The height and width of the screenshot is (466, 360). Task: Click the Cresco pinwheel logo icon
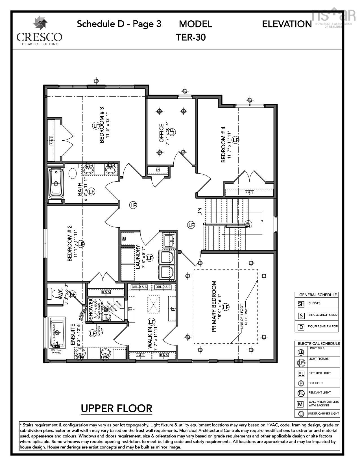tap(40, 23)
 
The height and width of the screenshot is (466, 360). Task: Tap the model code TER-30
tap(191, 37)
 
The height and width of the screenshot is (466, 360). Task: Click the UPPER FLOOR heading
tap(116, 408)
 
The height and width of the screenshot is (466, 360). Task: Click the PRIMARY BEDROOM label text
tap(214, 306)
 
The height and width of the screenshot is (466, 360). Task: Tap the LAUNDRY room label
tap(138, 257)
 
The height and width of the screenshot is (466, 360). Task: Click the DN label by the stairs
tap(200, 212)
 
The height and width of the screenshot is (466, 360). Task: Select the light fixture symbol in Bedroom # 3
tap(96, 125)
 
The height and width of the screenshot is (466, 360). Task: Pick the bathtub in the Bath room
tap(56, 184)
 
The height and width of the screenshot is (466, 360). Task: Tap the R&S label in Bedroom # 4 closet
tap(249, 192)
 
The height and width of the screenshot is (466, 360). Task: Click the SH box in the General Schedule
tap(301, 304)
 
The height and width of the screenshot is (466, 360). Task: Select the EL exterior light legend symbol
tap(301, 374)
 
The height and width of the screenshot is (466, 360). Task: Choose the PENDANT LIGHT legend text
tap(319, 392)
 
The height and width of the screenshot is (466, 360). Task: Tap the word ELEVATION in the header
tap(287, 24)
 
